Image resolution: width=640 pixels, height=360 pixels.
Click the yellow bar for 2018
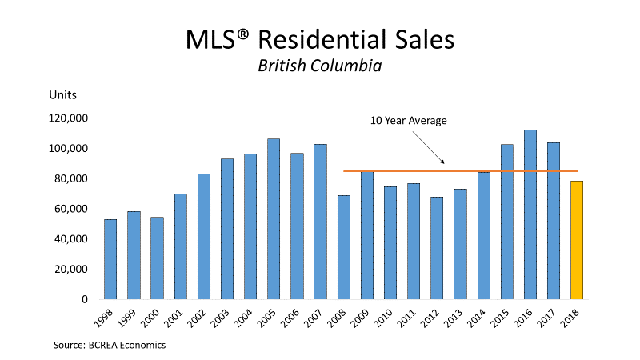[x=576, y=240]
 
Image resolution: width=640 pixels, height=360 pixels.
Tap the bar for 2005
[x=274, y=219]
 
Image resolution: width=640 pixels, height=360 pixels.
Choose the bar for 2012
[x=437, y=248]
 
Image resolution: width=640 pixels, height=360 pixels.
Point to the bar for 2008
[x=343, y=247]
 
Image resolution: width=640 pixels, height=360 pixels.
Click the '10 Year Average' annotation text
[x=408, y=121]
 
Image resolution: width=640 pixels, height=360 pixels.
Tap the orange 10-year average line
[x=480, y=170]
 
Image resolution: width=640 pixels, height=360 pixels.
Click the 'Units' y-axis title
[x=63, y=95]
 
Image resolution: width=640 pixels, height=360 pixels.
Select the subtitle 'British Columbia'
[x=319, y=65]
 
